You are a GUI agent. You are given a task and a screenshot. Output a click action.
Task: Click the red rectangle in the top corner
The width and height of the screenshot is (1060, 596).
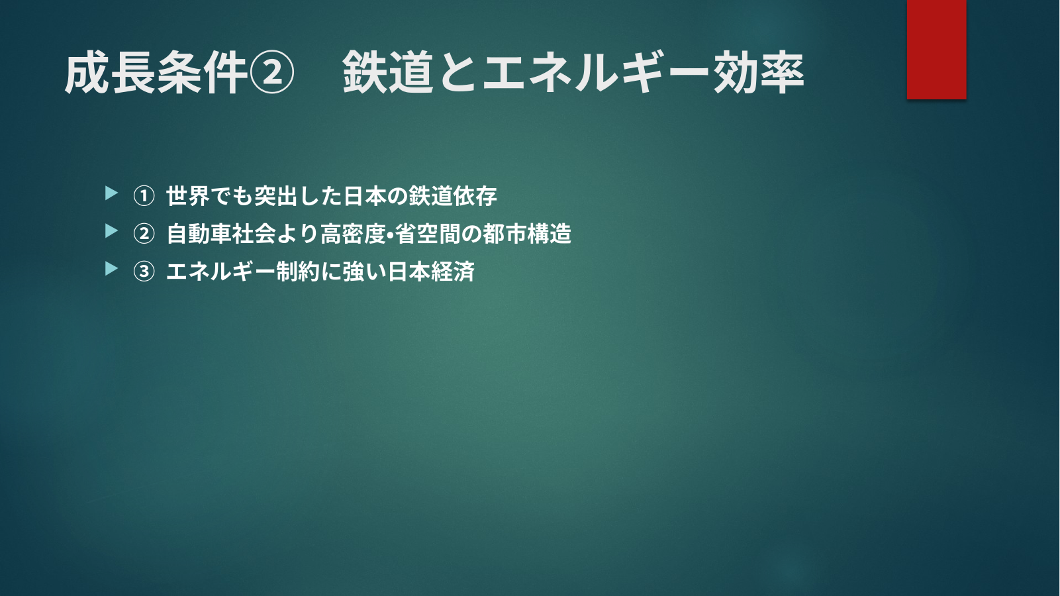[x=936, y=49]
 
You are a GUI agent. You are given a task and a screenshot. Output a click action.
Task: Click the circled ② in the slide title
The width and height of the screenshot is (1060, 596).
[x=272, y=73]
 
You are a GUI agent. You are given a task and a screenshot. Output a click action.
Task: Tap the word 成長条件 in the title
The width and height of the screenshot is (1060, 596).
[x=157, y=73]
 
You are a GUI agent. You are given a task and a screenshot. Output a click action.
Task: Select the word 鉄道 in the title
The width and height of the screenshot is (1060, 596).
[x=388, y=72]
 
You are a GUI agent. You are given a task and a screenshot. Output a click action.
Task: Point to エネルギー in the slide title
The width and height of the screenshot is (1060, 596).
[x=597, y=72]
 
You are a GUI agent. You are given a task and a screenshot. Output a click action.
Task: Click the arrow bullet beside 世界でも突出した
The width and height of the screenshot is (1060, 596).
[x=111, y=193]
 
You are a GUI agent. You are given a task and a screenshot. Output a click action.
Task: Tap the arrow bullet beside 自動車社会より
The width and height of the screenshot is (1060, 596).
[x=111, y=231]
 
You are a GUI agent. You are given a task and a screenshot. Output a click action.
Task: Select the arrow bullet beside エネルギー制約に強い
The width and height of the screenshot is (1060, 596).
[x=111, y=269]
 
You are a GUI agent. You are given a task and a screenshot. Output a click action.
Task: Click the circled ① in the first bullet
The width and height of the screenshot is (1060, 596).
[x=144, y=196]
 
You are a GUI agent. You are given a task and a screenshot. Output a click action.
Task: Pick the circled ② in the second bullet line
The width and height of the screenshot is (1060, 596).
[x=144, y=234]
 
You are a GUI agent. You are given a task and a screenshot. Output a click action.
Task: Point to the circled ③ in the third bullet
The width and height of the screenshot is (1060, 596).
[x=144, y=272]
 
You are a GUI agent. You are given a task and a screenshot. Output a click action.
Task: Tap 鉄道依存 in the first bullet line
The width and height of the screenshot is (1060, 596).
[x=453, y=196]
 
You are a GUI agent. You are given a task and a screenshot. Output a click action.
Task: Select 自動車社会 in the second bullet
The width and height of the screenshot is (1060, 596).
[x=221, y=234]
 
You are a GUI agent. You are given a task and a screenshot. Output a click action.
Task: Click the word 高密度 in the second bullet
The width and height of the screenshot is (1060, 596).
[x=353, y=234]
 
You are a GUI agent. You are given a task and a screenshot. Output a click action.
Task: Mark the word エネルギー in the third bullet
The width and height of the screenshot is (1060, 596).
[x=220, y=272]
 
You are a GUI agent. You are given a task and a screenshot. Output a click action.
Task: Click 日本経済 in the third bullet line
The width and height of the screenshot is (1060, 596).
[x=430, y=272]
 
